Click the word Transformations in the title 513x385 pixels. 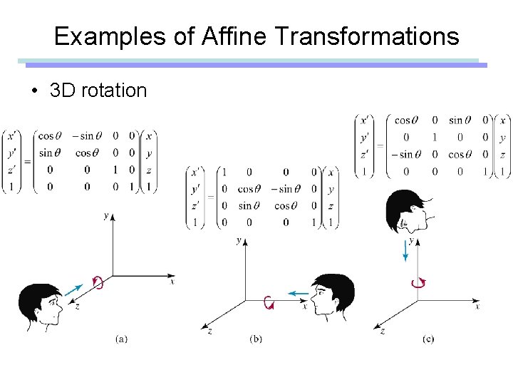[368, 36]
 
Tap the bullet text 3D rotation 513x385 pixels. [98, 91]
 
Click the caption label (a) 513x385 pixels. [121, 339]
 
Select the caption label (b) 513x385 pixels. [256, 339]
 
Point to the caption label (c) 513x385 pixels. [427, 339]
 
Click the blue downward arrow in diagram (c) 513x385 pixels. [405, 250]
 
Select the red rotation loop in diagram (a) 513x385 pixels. [98, 282]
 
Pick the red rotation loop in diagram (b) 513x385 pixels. [269, 302]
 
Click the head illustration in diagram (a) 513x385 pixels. [38, 306]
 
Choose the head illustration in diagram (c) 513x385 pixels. [406, 212]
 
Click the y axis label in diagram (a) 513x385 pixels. [105, 215]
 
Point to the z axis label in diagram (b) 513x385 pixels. [209, 332]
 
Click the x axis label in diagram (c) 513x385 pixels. [477, 306]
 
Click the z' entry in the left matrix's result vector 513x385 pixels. [9, 170]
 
